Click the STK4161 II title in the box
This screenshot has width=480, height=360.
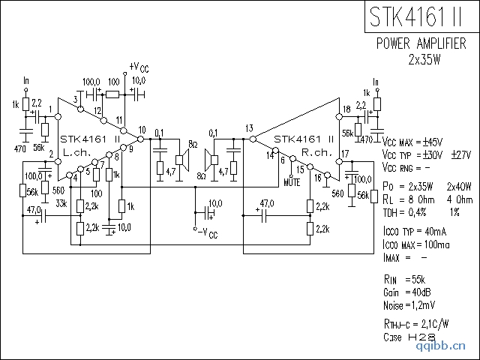coord(420,16)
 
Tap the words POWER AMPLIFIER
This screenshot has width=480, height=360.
coord(421,43)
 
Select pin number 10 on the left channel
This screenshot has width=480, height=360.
coord(142,130)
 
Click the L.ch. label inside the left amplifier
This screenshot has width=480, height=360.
coord(76,152)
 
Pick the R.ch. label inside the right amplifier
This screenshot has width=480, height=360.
coord(316,152)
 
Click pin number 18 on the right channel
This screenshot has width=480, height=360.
coord(346,109)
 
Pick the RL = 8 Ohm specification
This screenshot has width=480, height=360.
coord(407,199)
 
